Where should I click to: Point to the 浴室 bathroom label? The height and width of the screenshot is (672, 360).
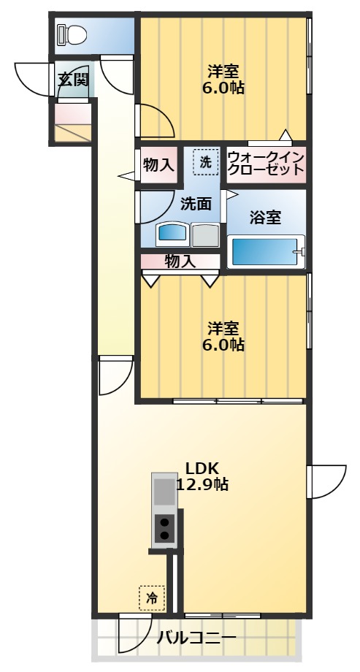click(265, 217)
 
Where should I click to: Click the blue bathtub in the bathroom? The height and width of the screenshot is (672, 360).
click(265, 252)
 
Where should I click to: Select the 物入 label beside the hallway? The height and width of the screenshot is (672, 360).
click(158, 165)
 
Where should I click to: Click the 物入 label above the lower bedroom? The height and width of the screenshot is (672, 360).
click(180, 260)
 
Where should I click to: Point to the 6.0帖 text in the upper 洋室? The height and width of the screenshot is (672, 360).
click(223, 88)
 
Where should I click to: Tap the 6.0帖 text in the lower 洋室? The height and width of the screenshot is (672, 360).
click(223, 343)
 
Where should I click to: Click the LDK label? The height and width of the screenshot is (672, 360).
click(202, 468)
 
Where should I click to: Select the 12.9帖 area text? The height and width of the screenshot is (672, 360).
click(202, 484)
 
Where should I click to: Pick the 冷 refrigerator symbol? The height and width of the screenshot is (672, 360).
click(152, 597)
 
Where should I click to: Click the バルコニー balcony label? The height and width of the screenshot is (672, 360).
click(196, 638)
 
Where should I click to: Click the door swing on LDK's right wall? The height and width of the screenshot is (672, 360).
click(326, 480)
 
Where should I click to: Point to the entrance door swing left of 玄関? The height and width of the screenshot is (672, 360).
click(34, 78)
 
